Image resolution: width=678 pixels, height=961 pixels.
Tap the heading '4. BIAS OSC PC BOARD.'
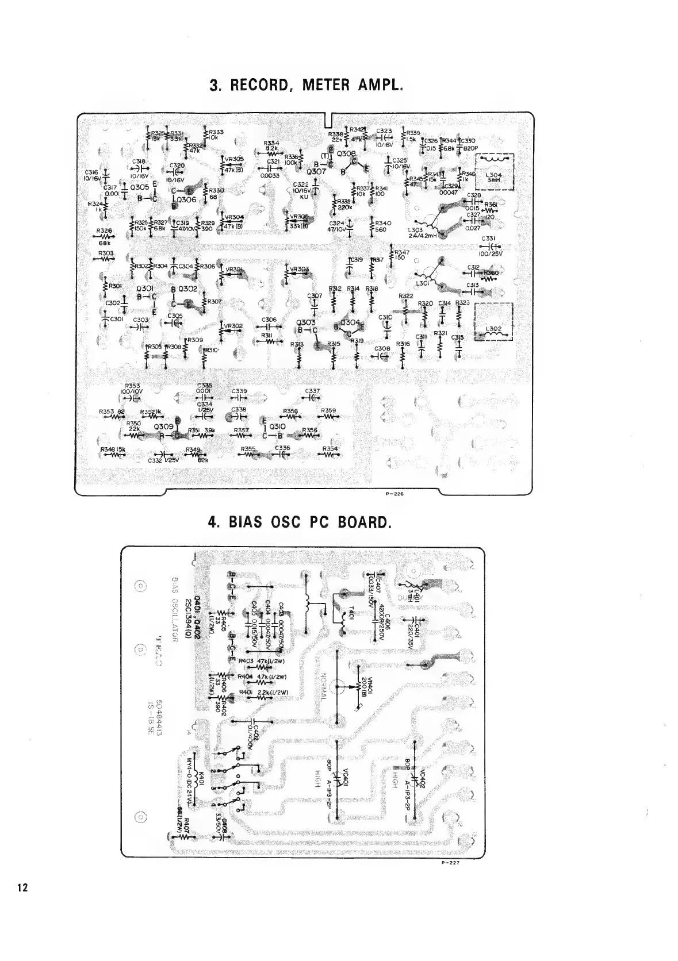click(x=300, y=522)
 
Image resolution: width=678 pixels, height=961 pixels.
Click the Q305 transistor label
click(x=140, y=187)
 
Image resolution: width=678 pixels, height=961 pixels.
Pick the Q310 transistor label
click(x=277, y=426)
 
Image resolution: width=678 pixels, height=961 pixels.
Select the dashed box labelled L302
click(x=493, y=322)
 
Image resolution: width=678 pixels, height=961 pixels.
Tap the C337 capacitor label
click(x=313, y=391)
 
